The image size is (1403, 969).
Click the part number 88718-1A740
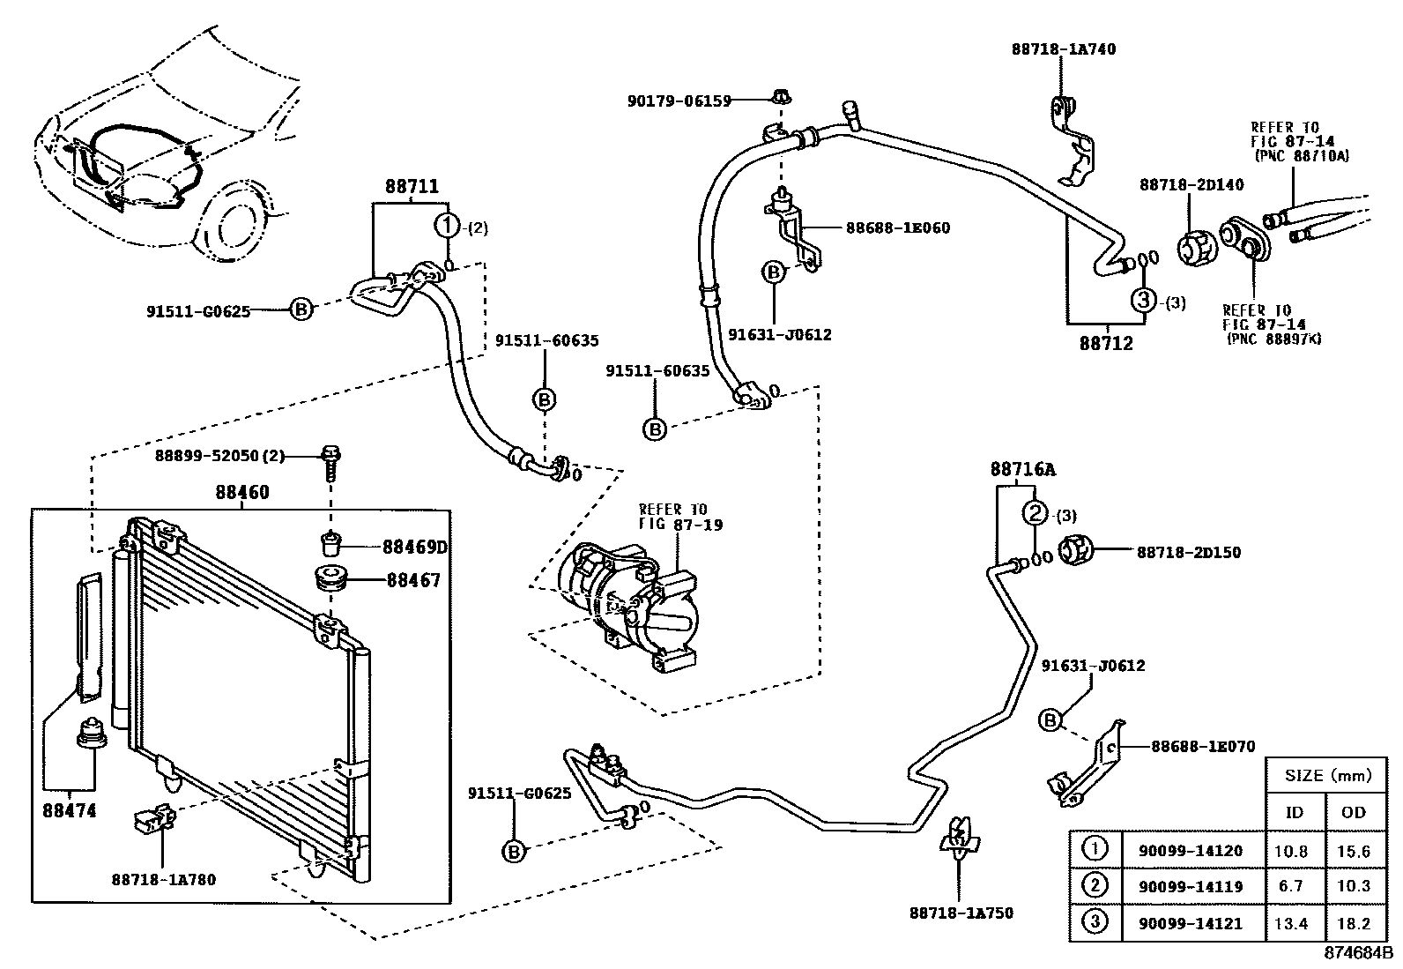tap(1063, 49)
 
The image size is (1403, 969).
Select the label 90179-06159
tap(679, 101)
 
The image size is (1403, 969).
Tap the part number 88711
tap(412, 187)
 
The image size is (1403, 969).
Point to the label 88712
tap(1106, 343)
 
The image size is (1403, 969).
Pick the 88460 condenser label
tap(242, 493)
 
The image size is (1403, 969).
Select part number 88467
tap(412, 581)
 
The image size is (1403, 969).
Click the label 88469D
tap(414, 548)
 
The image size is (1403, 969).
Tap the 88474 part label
tap(69, 809)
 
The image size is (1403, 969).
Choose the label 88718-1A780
tap(164, 879)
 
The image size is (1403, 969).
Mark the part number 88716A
tap(1022, 470)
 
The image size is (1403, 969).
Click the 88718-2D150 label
tap(1188, 553)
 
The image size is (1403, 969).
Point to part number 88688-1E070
tap(1202, 746)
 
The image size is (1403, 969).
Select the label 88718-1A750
tap(961, 913)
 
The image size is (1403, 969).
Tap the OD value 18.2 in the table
tap(1353, 923)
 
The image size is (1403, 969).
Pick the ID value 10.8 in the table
tap(1292, 851)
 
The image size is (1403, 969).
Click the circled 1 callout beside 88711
tap(448, 226)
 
